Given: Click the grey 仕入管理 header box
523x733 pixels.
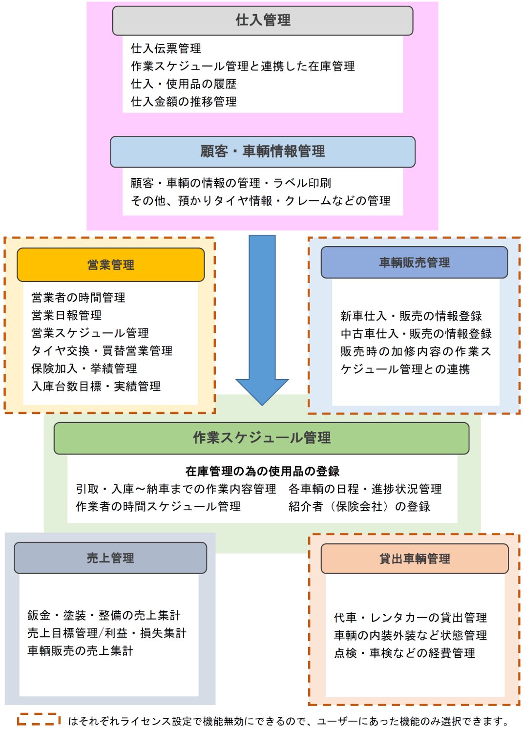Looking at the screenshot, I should point(263,21).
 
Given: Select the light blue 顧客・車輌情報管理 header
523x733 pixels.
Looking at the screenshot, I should point(263,151).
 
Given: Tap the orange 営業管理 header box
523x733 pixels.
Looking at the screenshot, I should point(111,265).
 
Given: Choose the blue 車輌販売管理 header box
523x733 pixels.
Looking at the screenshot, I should point(414,262).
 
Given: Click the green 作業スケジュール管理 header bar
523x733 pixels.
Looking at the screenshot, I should point(262,438).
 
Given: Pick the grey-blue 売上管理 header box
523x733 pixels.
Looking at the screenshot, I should point(110,558).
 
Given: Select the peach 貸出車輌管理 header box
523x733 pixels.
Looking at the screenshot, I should point(415,559).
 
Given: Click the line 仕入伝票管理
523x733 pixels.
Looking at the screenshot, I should point(166,48).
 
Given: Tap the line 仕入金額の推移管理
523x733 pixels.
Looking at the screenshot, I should point(184,102).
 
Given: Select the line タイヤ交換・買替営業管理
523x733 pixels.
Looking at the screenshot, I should point(102,351).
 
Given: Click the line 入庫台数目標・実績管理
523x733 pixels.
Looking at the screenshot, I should point(96,387).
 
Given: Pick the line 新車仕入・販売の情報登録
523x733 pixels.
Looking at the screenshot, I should point(411,316).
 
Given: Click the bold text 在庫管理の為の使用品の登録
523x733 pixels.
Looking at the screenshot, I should point(262,471).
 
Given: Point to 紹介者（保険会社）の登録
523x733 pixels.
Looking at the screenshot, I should point(359,507).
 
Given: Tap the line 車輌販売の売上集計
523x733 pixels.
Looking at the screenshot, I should point(80,651).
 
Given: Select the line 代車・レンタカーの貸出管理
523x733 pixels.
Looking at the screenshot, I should point(410,618).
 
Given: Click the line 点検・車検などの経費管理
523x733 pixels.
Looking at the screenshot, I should point(404,653).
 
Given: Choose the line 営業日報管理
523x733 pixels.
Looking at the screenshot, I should point(66,315).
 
